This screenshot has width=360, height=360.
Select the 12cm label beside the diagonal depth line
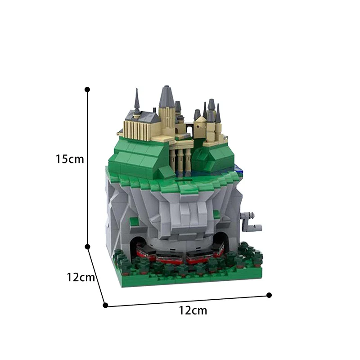tap(81, 277)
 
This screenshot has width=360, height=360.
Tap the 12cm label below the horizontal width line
tap(193, 310)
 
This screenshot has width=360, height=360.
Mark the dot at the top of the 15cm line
tap(87, 90)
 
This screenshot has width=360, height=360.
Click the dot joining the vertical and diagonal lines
tap(88, 247)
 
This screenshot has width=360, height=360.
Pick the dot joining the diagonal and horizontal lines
tap(105, 305)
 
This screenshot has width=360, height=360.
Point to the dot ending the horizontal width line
tap(269, 295)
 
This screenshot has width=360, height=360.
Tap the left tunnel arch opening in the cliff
tap(138, 243)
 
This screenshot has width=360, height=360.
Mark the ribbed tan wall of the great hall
tap(140, 130)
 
